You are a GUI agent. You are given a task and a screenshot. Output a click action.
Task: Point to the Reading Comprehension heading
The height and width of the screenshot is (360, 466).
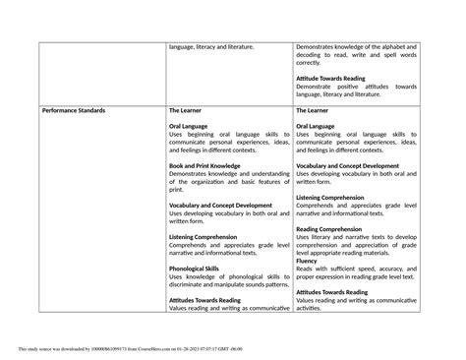click(x=329, y=228)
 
